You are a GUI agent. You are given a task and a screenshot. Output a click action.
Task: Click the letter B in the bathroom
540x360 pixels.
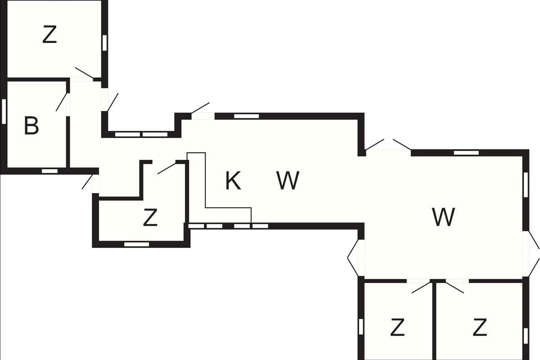[31, 126]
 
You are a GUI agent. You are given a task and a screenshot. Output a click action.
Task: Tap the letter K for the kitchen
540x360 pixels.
[233, 181]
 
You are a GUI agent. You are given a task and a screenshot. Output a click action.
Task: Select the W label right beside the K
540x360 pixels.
[288, 181]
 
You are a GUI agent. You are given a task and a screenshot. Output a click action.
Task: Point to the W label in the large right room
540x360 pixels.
[443, 217]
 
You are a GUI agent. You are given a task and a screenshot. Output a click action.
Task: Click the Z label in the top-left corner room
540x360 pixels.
[49, 35]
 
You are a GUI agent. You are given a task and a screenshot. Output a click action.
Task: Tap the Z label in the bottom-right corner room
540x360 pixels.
[480, 328]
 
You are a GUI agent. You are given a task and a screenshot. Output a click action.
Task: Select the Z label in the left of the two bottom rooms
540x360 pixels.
[397, 328]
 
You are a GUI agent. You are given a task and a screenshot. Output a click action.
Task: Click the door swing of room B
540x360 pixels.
[62, 102]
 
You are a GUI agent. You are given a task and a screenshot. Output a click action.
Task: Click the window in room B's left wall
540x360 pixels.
[4, 110]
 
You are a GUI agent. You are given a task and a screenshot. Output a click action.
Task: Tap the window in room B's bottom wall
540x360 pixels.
[49, 171]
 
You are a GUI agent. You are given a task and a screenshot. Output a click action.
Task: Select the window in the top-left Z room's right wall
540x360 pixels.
[104, 43]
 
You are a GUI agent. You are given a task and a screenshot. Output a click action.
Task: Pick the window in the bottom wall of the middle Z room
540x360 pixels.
[136, 244]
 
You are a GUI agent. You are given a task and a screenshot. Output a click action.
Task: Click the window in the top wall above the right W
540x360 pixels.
[466, 153]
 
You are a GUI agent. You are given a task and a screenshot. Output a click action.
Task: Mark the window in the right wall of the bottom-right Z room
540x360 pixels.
[526, 335]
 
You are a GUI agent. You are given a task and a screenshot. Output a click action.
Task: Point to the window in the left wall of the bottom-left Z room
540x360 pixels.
[361, 326]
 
